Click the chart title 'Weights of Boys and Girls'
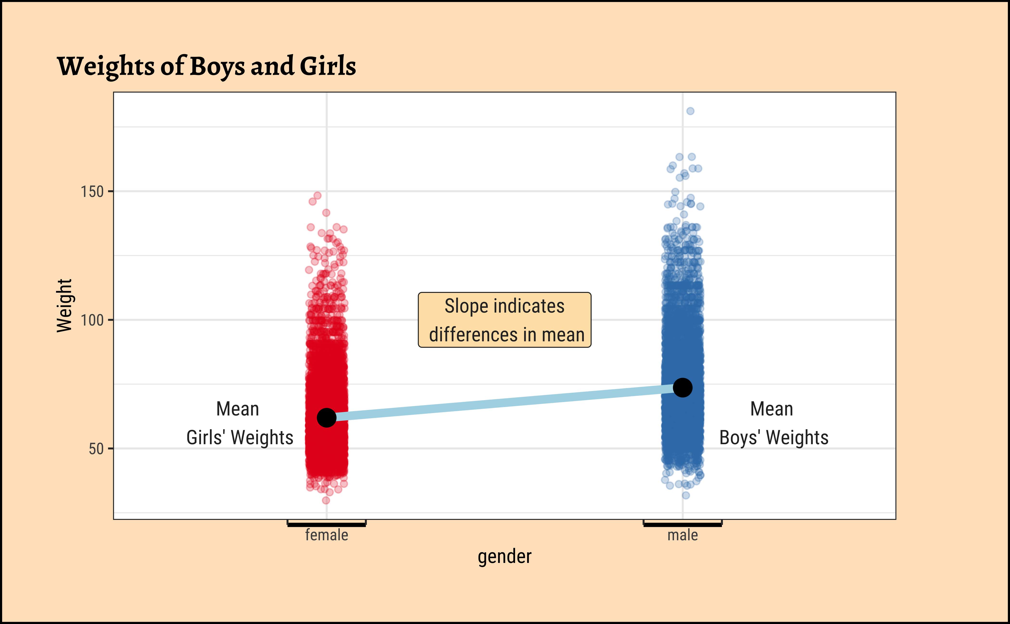click(x=206, y=66)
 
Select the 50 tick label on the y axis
click(x=96, y=449)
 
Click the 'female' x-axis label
click(x=327, y=535)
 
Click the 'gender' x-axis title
click(x=504, y=557)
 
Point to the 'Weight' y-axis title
click(x=64, y=305)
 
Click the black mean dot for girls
click(x=327, y=418)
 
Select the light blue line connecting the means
click(x=504, y=403)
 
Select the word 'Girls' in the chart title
click(x=328, y=66)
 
